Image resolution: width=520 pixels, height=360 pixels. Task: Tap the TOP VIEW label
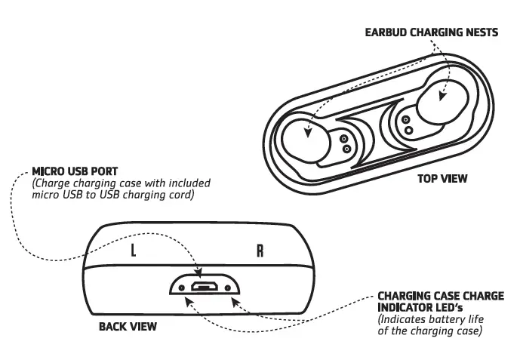(442, 179)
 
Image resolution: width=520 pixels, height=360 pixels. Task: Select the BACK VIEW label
(128, 327)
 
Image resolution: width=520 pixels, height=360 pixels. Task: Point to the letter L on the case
(134, 251)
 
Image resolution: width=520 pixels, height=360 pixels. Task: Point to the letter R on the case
(260, 251)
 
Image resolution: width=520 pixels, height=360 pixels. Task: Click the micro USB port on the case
(203, 288)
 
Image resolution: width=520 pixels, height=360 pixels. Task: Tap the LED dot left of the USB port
(181, 288)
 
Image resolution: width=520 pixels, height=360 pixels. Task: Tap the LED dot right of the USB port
(226, 288)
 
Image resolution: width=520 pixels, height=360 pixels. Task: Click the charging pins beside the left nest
(345, 143)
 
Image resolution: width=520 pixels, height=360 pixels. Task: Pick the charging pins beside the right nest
(408, 125)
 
